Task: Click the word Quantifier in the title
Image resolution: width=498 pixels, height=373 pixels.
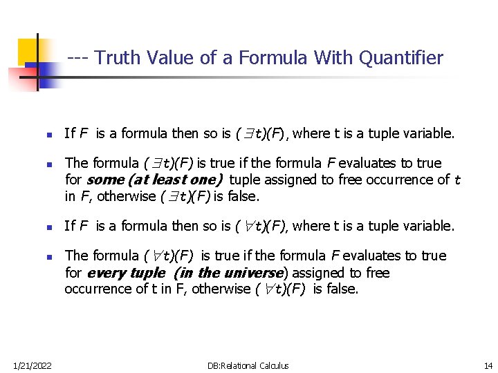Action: click(x=403, y=57)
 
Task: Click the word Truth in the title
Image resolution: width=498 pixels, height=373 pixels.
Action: click(x=116, y=57)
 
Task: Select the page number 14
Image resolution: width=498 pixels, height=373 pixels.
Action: click(x=488, y=365)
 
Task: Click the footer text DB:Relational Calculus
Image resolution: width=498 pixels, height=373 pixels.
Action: click(x=248, y=365)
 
